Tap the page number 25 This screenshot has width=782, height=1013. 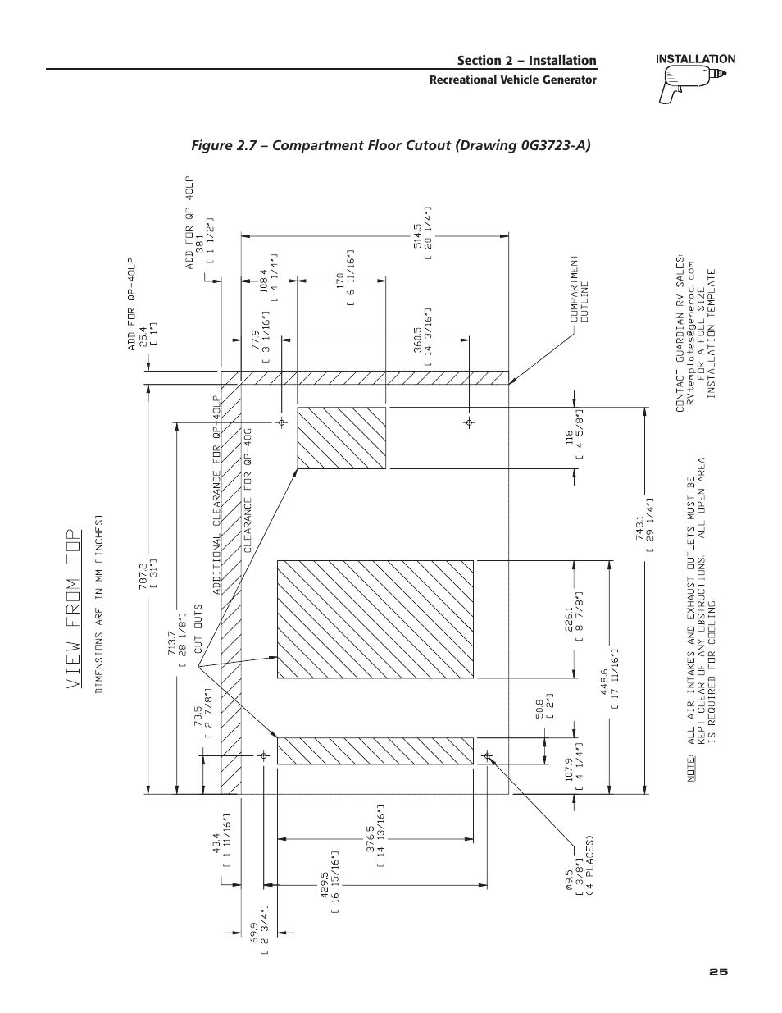click(718, 971)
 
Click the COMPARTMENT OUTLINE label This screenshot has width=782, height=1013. click(580, 287)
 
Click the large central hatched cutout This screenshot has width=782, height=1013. click(375, 618)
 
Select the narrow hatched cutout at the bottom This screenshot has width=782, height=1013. click(375, 751)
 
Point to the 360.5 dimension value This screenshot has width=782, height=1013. click(417, 337)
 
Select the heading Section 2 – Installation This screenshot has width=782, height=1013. click(526, 61)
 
